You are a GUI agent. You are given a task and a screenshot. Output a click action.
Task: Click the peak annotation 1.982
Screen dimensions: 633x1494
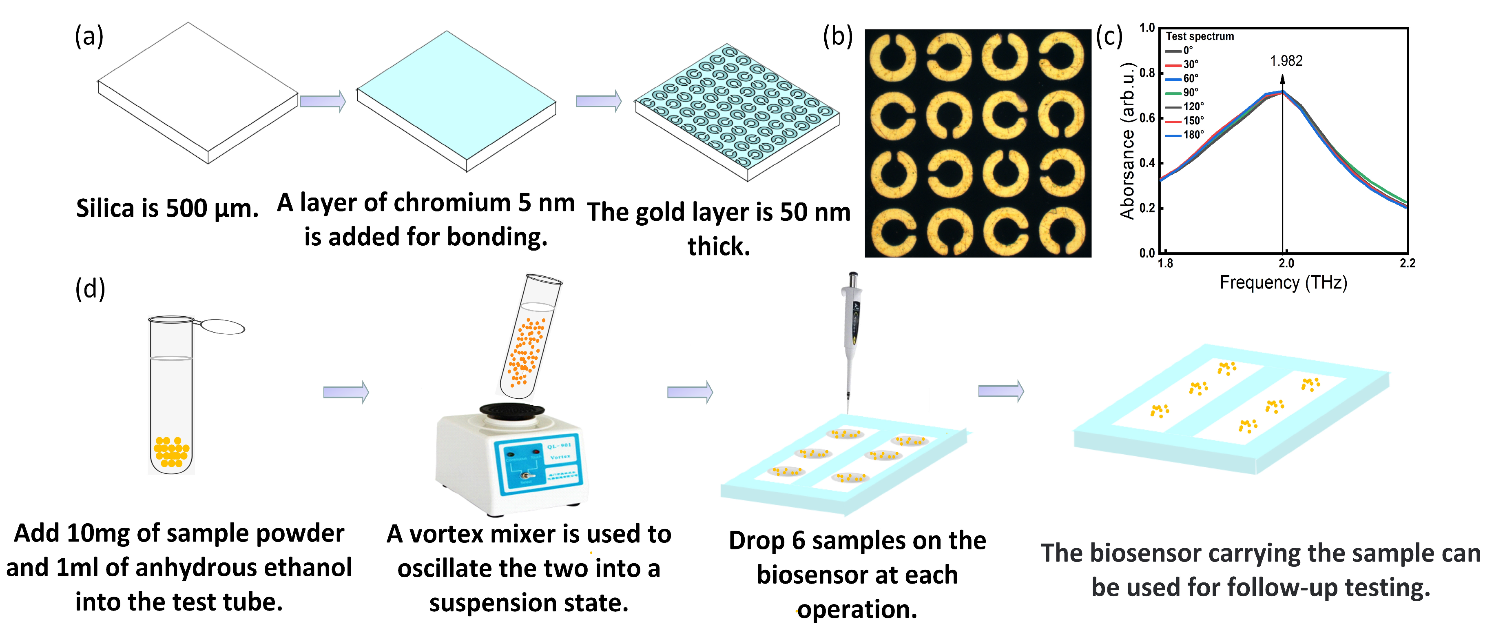[1286, 61]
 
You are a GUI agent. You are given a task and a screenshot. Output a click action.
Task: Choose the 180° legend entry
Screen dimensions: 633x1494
[1193, 135]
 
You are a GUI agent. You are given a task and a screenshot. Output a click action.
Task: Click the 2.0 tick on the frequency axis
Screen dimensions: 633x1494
[1286, 263]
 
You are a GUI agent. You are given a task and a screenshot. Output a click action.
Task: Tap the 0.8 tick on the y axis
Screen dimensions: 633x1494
[1147, 73]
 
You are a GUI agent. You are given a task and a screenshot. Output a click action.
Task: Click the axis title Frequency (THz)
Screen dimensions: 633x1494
[1283, 282]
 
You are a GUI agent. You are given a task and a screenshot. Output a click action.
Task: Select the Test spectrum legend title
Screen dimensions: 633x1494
[1200, 36]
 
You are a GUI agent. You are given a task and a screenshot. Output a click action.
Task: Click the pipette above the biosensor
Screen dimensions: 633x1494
[851, 337]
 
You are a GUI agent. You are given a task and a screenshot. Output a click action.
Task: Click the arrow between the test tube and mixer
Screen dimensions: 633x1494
[345, 392]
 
